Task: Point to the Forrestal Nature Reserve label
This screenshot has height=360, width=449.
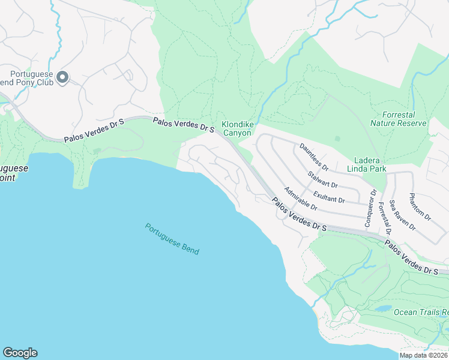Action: click(399, 119)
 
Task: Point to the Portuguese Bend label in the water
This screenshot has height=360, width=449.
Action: click(172, 239)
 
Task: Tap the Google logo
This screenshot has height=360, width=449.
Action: click(20, 353)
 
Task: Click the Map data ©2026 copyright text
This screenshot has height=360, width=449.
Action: click(423, 355)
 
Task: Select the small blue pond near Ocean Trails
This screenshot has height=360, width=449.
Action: click(382, 308)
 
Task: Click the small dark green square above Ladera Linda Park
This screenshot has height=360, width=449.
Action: click(337, 139)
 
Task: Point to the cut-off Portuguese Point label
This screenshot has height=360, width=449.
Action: click(13, 173)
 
